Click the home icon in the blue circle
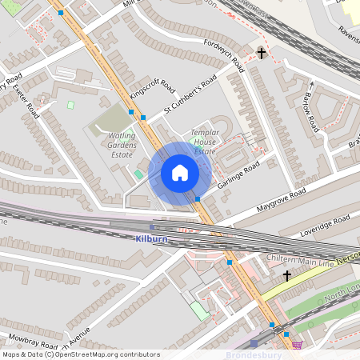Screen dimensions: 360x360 click(x=180, y=173)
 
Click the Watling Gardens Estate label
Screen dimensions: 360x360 click(x=122, y=146)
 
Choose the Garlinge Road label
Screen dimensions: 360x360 click(x=238, y=177)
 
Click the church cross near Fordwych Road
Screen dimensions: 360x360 click(x=261, y=53)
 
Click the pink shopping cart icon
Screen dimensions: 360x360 click(x=298, y=345)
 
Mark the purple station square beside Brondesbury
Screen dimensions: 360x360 click(x=254, y=344)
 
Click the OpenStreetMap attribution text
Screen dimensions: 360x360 click(x=80, y=354)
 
